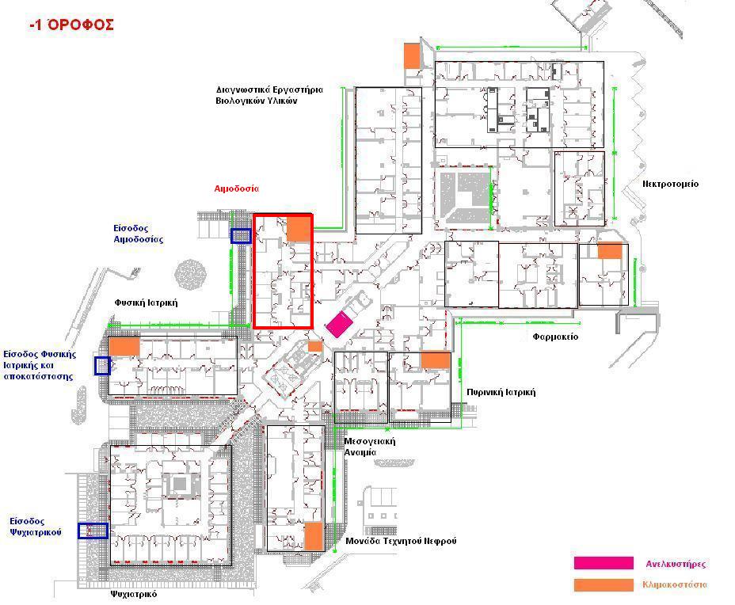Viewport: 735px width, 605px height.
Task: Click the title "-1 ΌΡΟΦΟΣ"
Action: pyautogui.click(x=71, y=25)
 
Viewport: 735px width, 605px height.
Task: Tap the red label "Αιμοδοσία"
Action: pyautogui.click(x=236, y=188)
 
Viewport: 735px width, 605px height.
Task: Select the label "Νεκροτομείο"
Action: pyautogui.click(x=670, y=184)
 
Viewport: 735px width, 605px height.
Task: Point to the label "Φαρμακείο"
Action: pyautogui.click(x=555, y=337)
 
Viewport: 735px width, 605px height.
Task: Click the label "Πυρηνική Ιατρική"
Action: pyautogui.click(x=501, y=392)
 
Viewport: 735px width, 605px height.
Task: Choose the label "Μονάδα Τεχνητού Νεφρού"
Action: pyautogui.click(x=401, y=541)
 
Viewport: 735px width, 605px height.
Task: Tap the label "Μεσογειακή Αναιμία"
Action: pyautogui.click(x=370, y=447)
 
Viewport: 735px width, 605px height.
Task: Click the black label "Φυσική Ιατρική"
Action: pyautogui.click(x=147, y=302)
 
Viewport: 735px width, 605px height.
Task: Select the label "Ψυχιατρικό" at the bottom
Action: pyautogui.click(x=134, y=594)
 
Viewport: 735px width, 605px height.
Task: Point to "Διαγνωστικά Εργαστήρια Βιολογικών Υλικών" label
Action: pyautogui.click(x=269, y=95)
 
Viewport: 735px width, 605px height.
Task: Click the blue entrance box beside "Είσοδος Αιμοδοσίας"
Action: pyautogui.click(x=241, y=236)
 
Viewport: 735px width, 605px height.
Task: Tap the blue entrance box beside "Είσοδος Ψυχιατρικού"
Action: pyautogui.click(x=93, y=531)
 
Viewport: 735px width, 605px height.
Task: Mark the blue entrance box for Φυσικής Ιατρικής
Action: pyautogui.click(x=102, y=366)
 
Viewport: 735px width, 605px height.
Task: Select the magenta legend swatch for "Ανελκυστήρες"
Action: pyautogui.click(x=604, y=563)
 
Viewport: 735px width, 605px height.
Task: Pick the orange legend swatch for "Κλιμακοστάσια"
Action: pyautogui.click(x=604, y=585)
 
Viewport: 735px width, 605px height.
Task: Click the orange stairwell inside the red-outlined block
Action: pyautogui.click(x=299, y=228)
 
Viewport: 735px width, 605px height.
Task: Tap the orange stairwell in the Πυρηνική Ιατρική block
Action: pyautogui.click(x=436, y=360)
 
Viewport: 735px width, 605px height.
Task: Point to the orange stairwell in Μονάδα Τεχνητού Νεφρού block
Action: pyautogui.click(x=314, y=537)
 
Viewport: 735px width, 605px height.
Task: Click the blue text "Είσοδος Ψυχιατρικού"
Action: pyautogui.click(x=36, y=527)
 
